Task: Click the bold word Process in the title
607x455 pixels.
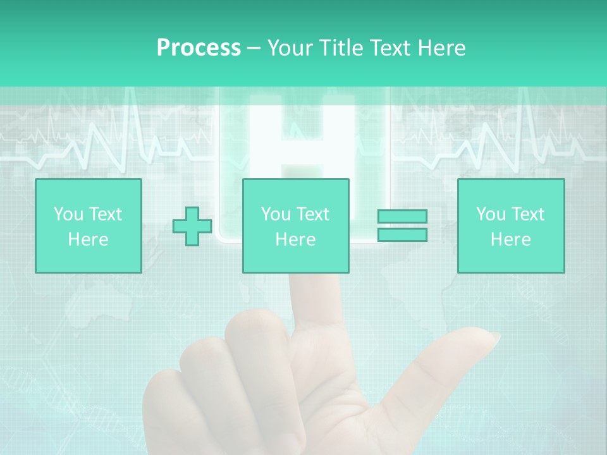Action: coord(199,48)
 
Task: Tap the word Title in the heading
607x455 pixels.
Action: coord(341,48)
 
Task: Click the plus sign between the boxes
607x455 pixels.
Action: coord(192,226)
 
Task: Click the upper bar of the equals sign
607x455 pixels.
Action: coord(402,217)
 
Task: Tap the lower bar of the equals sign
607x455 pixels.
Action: coord(402,235)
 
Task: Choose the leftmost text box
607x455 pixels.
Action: coord(88,226)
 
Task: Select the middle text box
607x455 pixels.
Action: coord(295,226)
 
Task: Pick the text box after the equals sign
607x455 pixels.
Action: coord(510,226)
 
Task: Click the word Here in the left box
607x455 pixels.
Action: coord(88,240)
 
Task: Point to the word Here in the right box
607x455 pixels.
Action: coord(510,240)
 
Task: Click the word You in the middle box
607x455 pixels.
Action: coord(276,214)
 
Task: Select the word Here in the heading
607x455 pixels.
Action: coord(441,48)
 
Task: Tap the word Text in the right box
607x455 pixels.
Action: coord(529,214)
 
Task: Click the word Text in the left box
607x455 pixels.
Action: coord(106,214)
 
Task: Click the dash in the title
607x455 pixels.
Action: coord(254,48)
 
